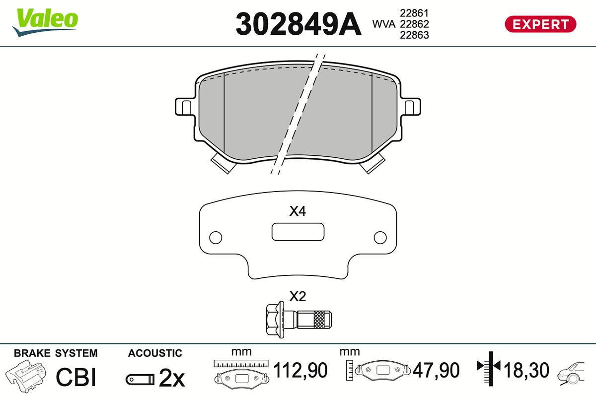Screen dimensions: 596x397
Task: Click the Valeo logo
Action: tap(45, 22)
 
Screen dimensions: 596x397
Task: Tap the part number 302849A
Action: tap(298, 24)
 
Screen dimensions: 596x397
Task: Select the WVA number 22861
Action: tap(414, 13)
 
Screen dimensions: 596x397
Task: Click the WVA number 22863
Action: tap(414, 35)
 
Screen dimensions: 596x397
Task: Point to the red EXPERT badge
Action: tap(541, 24)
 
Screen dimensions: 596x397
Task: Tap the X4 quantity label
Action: tap(298, 211)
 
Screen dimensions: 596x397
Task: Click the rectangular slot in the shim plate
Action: tap(298, 232)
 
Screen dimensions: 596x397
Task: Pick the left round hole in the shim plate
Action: tap(216, 237)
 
